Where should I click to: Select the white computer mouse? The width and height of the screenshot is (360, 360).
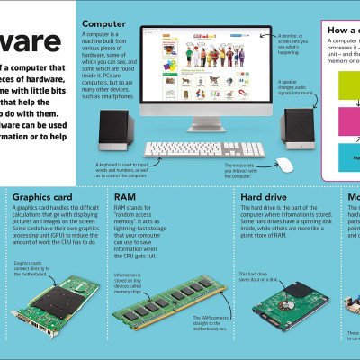[284, 165]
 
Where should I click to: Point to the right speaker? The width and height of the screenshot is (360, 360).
[300, 131]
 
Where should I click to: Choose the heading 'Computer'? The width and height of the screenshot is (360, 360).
[104, 22]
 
